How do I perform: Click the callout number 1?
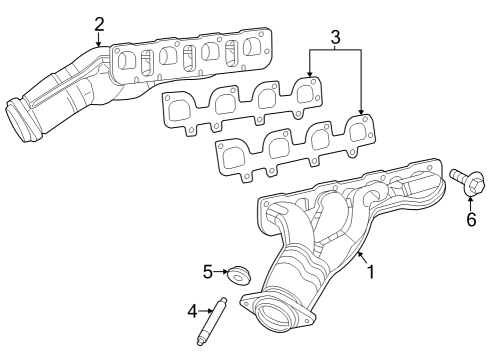click(370, 271)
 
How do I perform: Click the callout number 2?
click(99, 23)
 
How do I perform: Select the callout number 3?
click(335, 37)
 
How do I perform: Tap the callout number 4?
click(193, 311)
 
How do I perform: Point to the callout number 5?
click(208, 271)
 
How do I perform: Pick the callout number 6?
click(471, 219)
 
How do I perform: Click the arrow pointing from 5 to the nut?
click(221, 271)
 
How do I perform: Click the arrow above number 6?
click(471, 203)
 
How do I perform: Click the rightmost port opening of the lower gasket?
click(356, 130)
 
